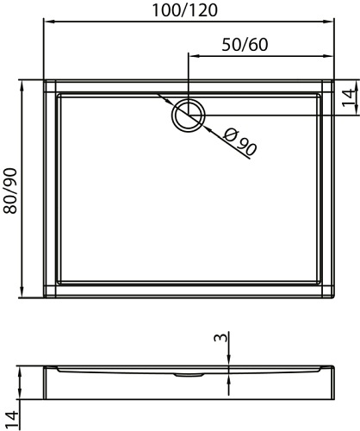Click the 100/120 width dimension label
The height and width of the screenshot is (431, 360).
pos(183,11)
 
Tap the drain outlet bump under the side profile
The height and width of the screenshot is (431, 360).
pos(184,375)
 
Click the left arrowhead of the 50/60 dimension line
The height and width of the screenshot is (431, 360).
pos(191,56)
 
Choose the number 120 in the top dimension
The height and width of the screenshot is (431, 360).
pos(201,11)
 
